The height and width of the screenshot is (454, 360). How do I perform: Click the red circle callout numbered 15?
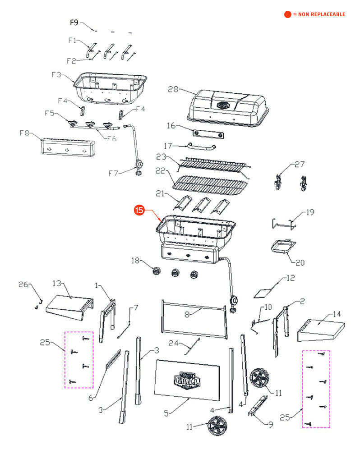pos(140,210)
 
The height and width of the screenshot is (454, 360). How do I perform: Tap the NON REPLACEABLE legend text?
pos(319,14)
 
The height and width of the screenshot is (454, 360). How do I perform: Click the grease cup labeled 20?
pos(283,246)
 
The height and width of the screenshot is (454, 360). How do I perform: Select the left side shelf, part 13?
pos(70,307)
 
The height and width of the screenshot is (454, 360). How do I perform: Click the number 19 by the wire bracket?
pos(310,212)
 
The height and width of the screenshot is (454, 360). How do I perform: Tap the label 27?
pos(300,165)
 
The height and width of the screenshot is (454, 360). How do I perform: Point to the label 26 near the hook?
pos(23,284)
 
